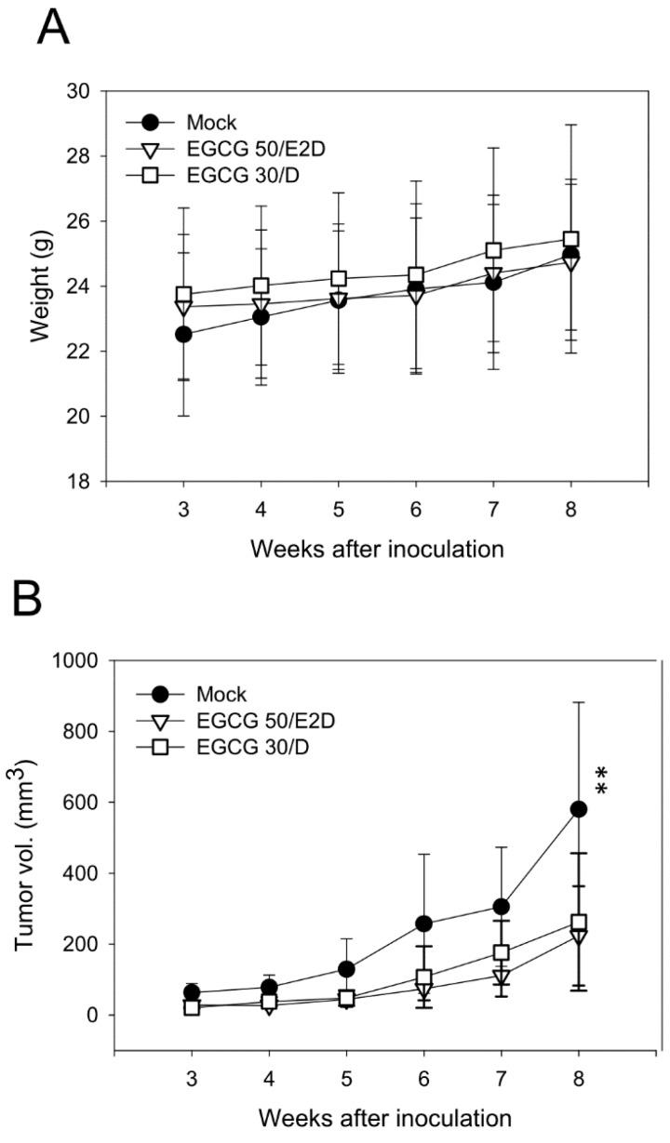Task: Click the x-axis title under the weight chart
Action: click(376, 548)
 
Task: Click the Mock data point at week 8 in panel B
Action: click(579, 809)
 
